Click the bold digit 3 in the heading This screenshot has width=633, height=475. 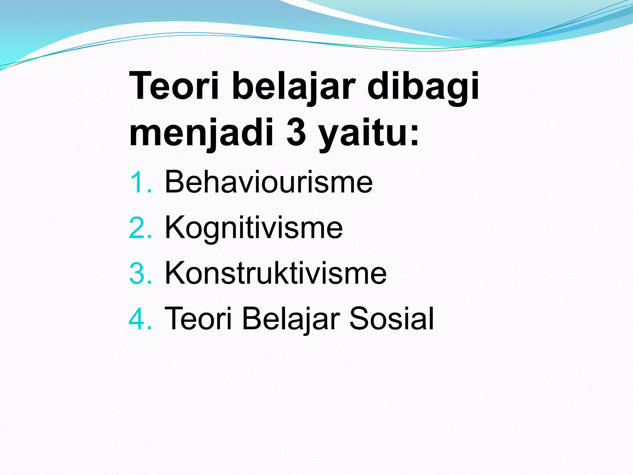point(296,133)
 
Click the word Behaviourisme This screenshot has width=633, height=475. point(269,182)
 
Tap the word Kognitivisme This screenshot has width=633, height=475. point(253,228)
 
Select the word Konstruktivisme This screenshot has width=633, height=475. point(275,273)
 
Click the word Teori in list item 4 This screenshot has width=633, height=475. point(198,319)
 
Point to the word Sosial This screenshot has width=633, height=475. point(391,319)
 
